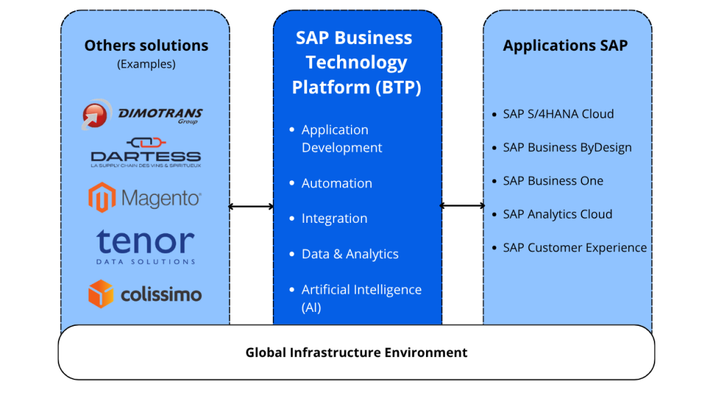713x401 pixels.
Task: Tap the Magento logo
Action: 145,198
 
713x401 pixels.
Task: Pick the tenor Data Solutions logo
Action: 146,246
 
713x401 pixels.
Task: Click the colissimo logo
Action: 145,294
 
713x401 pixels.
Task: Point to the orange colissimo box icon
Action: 101,294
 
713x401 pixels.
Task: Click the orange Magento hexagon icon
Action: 102,198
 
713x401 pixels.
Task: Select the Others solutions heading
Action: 146,46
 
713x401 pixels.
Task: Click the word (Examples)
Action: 146,64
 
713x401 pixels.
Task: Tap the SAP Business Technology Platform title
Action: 356,63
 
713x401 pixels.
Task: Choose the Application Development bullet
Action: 341,139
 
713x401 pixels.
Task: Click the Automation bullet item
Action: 336,183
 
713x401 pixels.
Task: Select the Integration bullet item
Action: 334,219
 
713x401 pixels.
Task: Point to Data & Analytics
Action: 350,254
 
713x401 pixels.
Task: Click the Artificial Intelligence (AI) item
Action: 361,298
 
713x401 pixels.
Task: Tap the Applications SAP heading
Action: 565,46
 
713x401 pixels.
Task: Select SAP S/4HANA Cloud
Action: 558,114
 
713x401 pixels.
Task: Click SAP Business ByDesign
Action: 567,148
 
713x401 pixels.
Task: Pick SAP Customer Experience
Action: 574,248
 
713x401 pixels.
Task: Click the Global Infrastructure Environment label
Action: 356,352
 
